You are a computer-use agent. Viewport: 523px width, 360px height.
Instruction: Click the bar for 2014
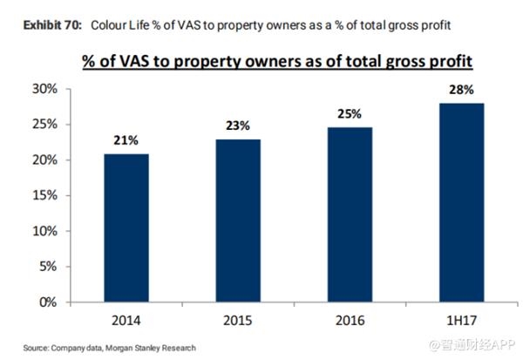tap(126, 228)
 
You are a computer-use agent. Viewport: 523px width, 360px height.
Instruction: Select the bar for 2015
tap(238, 221)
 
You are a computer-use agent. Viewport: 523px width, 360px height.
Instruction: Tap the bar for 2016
tap(350, 214)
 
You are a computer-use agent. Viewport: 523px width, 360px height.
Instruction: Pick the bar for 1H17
tap(462, 202)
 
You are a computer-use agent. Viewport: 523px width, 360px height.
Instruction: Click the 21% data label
tap(126, 140)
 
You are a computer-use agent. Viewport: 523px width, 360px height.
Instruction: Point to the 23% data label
tap(238, 126)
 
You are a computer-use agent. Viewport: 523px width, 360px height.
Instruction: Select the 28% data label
tap(461, 90)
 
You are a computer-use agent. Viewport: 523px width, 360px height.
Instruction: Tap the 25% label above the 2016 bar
tap(350, 114)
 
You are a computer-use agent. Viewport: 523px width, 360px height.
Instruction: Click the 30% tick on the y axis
tap(44, 89)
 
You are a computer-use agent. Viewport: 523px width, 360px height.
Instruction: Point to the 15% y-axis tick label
tap(44, 195)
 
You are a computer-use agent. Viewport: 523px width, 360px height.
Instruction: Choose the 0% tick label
tap(48, 302)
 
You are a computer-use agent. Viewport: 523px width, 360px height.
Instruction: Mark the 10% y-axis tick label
tap(44, 231)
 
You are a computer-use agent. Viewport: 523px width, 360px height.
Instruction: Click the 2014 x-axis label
tap(126, 321)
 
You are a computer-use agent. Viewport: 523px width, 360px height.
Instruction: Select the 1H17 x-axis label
tap(462, 321)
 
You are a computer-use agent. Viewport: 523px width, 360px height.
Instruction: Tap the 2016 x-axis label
tap(350, 321)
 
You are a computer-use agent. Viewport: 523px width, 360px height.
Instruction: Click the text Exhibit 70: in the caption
tap(52, 25)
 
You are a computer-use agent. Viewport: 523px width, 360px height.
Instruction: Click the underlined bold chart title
tap(277, 61)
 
